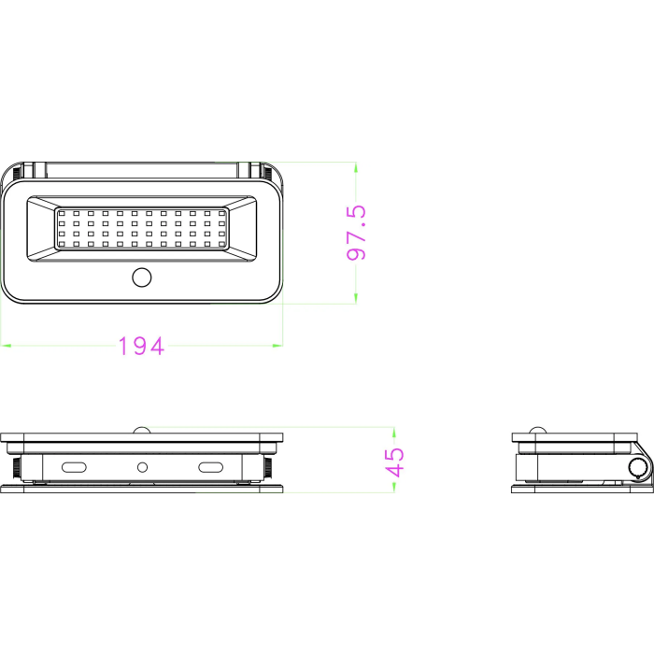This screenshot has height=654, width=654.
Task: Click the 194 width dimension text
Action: click(x=141, y=347)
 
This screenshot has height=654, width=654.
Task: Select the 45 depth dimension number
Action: click(x=396, y=462)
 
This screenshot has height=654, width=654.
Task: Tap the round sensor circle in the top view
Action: click(x=142, y=277)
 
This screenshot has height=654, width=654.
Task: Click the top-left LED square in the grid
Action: click(x=63, y=214)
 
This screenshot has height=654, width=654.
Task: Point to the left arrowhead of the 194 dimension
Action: click(x=5, y=346)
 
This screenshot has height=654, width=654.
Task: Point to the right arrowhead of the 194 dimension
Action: click(x=277, y=346)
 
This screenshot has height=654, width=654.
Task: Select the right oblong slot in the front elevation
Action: click(x=210, y=466)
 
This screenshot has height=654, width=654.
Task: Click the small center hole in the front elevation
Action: click(x=142, y=466)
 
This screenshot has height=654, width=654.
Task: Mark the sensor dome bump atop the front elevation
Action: click(x=142, y=430)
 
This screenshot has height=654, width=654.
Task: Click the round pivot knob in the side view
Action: click(x=639, y=467)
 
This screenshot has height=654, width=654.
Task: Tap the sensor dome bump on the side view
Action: click(x=537, y=430)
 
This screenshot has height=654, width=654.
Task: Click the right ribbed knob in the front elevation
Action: click(x=268, y=465)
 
